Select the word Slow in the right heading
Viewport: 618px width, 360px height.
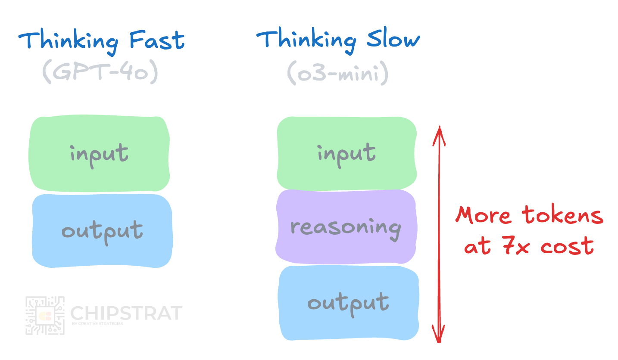[393, 40]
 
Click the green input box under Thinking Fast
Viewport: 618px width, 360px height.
[99, 154]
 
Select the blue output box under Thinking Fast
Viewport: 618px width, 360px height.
[102, 231]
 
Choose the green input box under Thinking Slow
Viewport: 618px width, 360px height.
[346, 153]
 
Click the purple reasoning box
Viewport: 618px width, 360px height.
[346, 227]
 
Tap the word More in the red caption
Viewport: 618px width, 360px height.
[484, 215]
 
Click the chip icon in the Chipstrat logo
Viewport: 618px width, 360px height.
[45, 316]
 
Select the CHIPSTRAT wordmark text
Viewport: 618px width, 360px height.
[126, 313]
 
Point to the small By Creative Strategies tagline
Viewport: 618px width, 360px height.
[97, 324]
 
